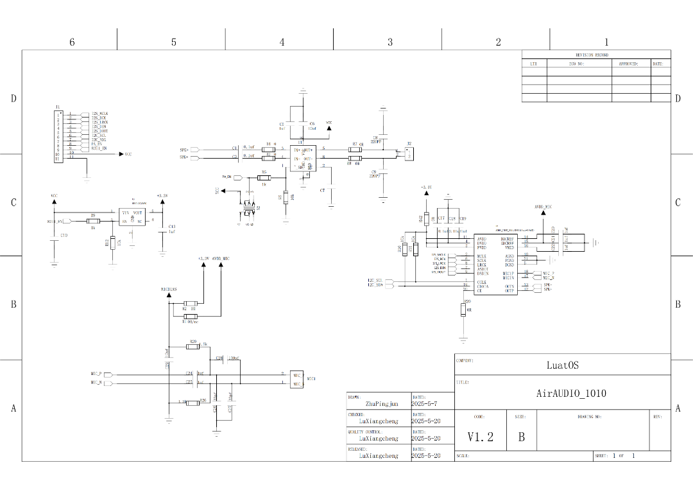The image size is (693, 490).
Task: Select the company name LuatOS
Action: [x=562, y=365]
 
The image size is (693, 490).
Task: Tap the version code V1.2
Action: [x=480, y=437]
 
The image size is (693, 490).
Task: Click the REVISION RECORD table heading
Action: [x=592, y=55]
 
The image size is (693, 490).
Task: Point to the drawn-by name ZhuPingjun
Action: [x=382, y=405]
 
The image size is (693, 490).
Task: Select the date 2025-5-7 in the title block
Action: [x=424, y=405]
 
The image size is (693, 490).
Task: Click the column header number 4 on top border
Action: [x=282, y=42]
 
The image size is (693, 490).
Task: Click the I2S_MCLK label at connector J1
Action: [x=99, y=114]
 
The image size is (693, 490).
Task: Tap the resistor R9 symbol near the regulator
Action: [x=93, y=222]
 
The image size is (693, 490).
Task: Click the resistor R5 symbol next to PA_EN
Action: [x=264, y=177]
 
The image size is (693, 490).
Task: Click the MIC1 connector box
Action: [x=297, y=379]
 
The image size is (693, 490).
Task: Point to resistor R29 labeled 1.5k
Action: [x=193, y=347]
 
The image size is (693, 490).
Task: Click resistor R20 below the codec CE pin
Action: [x=463, y=310]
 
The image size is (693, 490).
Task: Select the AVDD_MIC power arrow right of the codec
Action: [x=543, y=215]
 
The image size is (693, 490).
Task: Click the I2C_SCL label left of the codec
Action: [x=375, y=281]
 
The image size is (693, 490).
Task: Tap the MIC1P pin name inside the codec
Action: [x=508, y=273]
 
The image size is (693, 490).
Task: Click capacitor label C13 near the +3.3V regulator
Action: [x=171, y=227]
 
